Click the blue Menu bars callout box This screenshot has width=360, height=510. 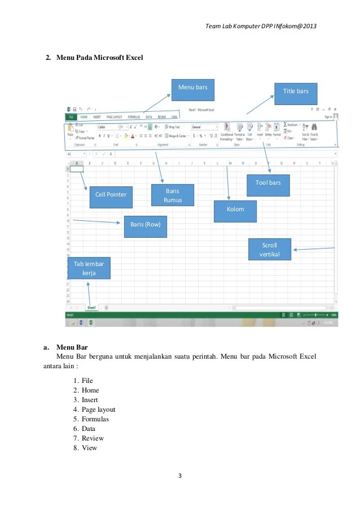[194, 88]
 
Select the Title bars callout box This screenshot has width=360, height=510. [296, 91]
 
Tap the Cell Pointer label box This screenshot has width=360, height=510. [111, 195]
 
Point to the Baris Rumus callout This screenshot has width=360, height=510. [172, 195]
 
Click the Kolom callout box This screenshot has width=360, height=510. [235, 210]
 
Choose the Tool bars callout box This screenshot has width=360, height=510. [269, 182]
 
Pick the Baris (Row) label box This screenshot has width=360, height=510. [146, 224]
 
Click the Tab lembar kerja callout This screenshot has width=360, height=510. [89, 268]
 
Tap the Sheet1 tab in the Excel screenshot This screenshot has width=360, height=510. [91, 308]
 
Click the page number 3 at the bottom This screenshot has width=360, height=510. [179, 476]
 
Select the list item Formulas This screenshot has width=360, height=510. [95, 419]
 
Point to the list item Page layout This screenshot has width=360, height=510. [98, 409]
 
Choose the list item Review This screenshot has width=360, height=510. [93, 438]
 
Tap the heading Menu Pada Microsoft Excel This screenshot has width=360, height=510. [99, 58]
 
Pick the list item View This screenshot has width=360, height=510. [89, 448]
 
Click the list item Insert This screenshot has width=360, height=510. [90, 400]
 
